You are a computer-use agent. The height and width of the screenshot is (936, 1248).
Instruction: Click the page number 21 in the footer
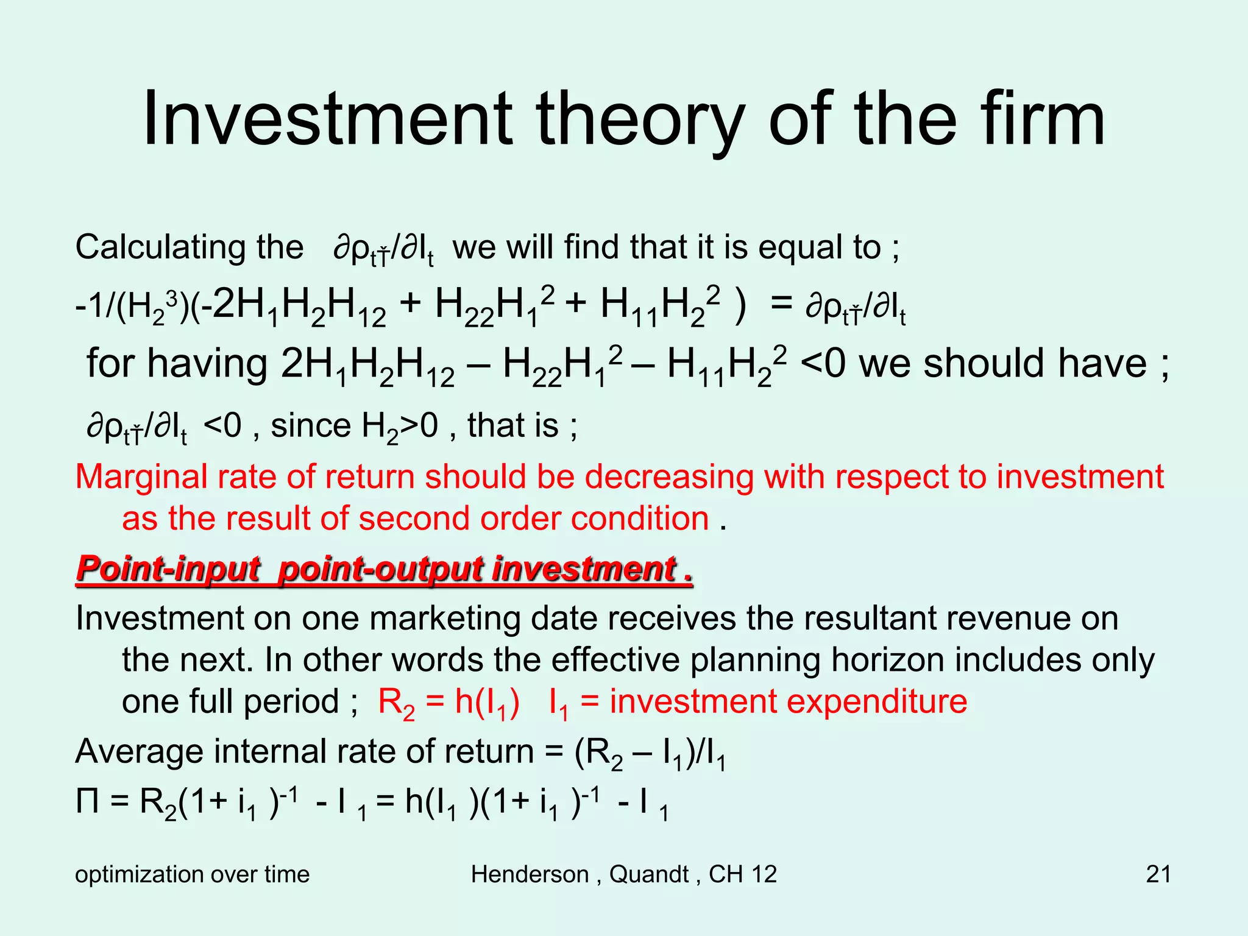click(1158, 874)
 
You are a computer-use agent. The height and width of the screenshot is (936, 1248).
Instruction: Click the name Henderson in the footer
click(529, 874)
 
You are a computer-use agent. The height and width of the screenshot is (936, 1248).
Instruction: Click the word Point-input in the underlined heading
click(168, 569)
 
